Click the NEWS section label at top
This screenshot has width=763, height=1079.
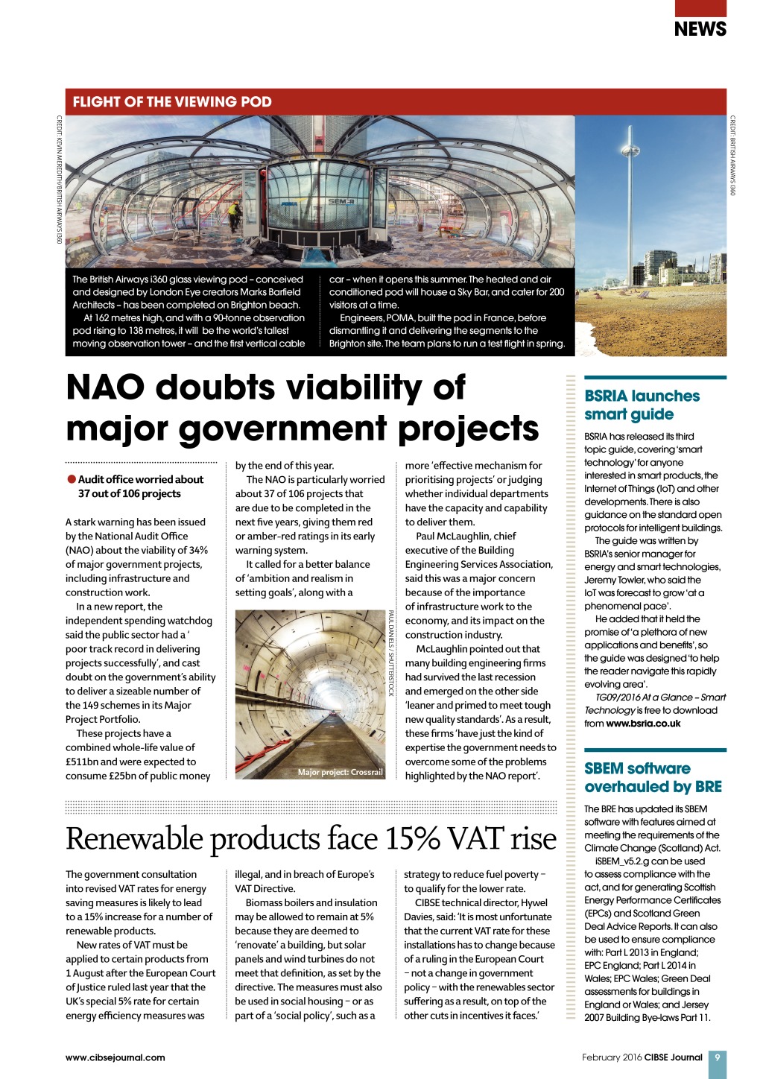(x=700, y=29)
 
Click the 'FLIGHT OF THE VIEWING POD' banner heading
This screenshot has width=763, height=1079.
(x=172, y=102)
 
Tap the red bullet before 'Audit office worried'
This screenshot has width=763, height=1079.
(x=72, y=479)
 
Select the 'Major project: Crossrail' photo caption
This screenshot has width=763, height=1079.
(x=340, y=772)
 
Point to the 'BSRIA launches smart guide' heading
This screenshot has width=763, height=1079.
(x=642, y=405)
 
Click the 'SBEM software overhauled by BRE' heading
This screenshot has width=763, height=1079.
(x=653, y=777)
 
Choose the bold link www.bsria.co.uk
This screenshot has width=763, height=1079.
(x=643, y=724)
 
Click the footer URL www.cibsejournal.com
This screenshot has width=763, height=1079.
(x=115, y=1057)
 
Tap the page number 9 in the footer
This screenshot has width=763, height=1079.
(x=717, y=1057)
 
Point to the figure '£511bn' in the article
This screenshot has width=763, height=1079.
(x=82, y=762)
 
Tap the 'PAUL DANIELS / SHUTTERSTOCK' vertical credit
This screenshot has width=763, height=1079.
(x=390, y=653)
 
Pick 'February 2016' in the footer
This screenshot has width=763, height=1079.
(x=612, y=1057)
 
